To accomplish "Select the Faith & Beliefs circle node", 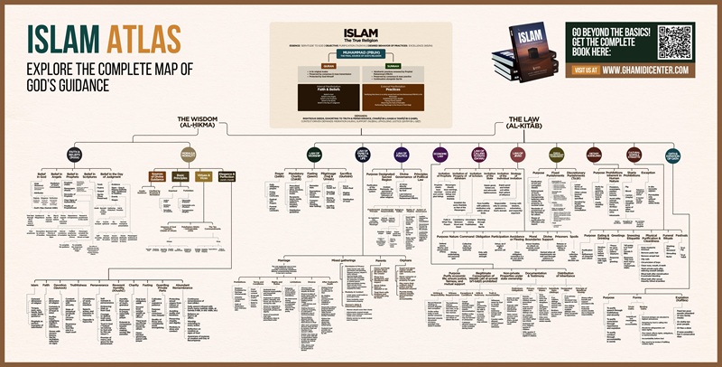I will tap(75, 155).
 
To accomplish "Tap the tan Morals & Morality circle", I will tap(188, 155).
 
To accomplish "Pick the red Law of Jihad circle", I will tap(518, 155).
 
